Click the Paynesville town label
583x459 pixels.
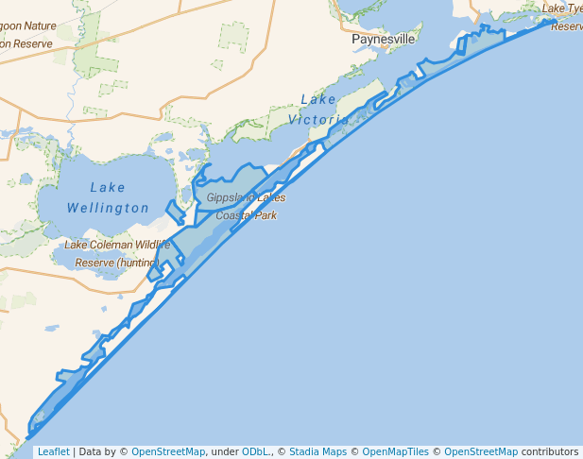(384, 40)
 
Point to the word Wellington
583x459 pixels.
(108, 208)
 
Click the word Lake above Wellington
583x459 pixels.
(109, 187)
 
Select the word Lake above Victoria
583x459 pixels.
(317, 99)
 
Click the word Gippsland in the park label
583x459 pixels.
(228, 197)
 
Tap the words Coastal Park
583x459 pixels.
(247, 215)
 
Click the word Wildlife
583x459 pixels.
(151, 245)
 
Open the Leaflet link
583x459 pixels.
(53, 451)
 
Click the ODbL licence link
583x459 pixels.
(254, 451)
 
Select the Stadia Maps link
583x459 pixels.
(317, 451)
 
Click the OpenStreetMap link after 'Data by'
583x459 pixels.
(167, 451)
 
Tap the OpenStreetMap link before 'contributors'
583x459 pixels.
(481, 451)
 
